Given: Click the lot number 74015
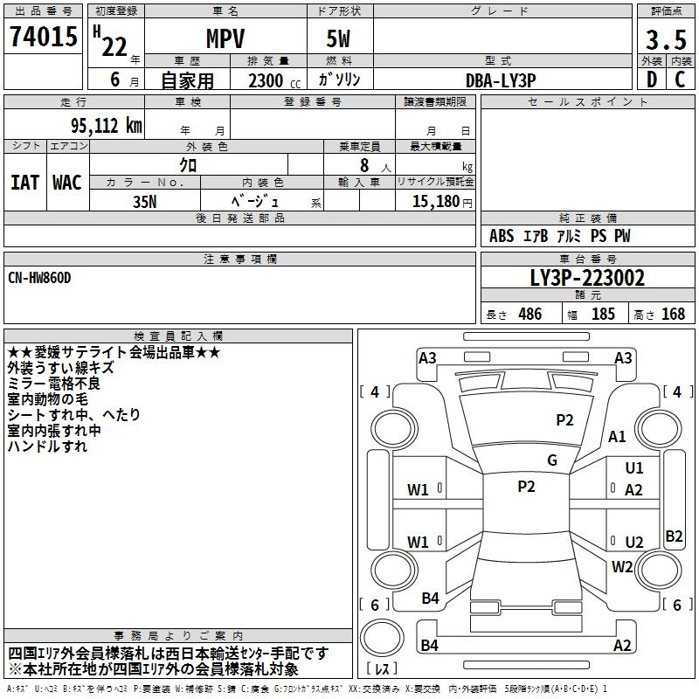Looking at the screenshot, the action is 44,36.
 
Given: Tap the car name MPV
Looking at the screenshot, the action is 225,38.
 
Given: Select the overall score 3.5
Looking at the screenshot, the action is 666,39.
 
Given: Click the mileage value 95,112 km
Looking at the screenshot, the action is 106,126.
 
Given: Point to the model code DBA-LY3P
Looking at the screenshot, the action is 501,80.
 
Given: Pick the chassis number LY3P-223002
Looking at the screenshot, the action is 587,278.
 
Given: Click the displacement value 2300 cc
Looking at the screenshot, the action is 274,81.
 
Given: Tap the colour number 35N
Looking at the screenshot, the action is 145,202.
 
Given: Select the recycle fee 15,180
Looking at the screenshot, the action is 435,201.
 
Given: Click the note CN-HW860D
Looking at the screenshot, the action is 39,278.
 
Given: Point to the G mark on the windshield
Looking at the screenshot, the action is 552,460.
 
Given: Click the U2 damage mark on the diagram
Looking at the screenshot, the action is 634,542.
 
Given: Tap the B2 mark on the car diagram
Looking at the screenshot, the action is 674,536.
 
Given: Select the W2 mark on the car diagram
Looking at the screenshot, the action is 622,567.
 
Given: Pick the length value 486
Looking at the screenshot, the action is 530,315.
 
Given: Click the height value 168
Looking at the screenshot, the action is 673,315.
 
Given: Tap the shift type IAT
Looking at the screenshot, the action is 25,183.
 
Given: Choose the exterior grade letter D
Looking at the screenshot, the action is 652,80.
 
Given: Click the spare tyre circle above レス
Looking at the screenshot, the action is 382,637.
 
